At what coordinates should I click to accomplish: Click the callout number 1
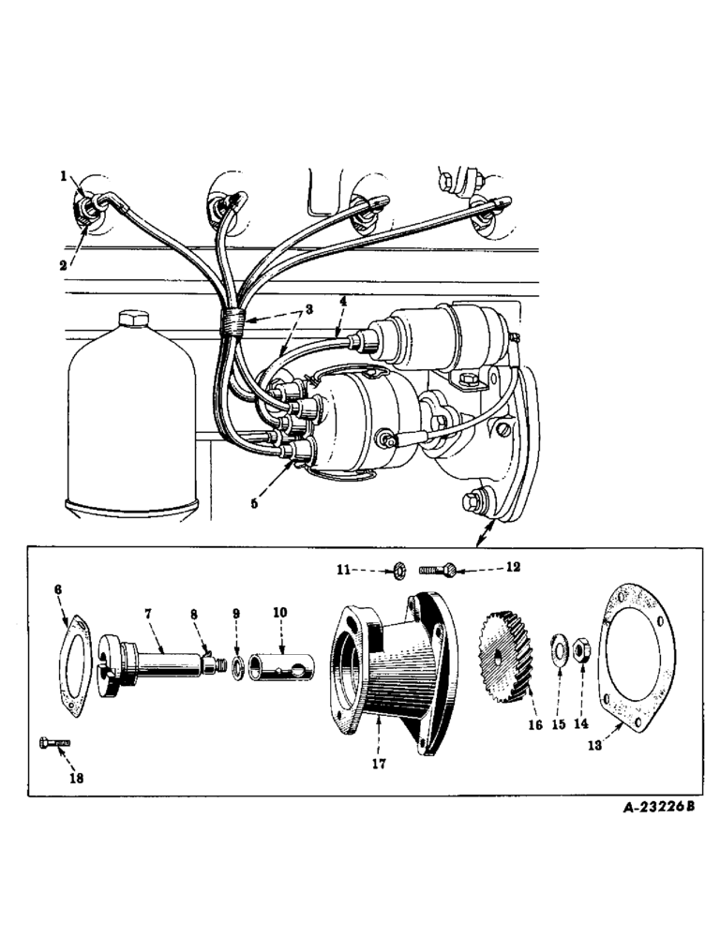click(64, 175)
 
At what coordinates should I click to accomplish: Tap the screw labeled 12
click(437, 567)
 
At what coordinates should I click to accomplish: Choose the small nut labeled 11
click(399, 568)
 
